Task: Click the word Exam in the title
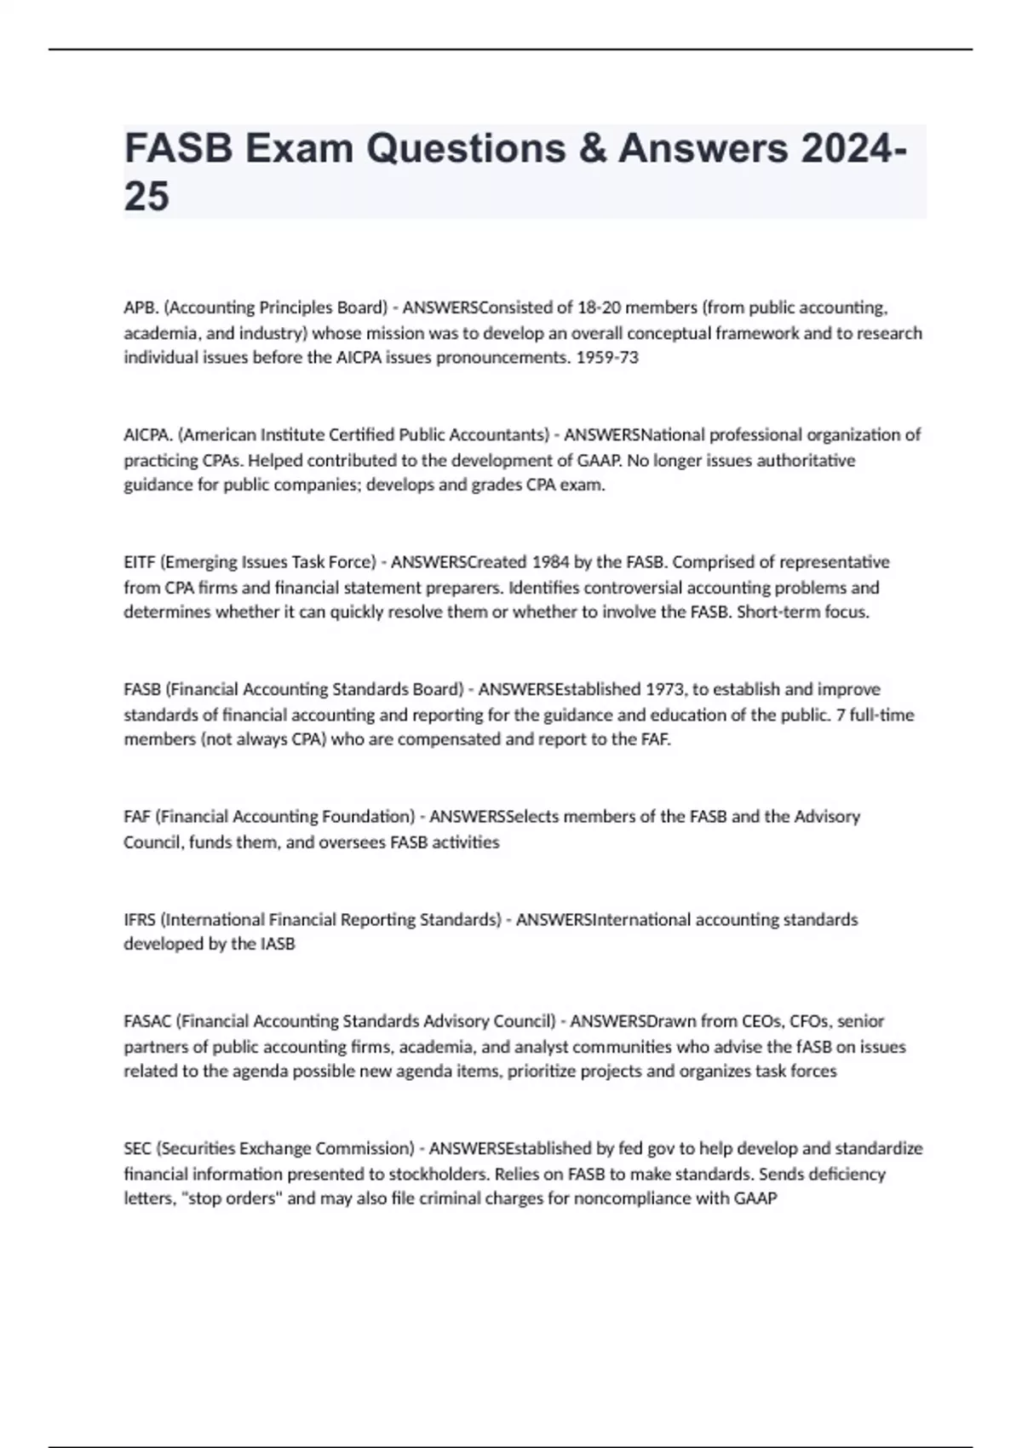click(299, 148)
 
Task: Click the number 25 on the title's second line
click(146, 197)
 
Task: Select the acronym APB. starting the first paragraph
click(141, 307)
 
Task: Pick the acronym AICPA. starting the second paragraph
click(148, 435)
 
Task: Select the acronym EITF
click(140, 562)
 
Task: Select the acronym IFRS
click(140, 920)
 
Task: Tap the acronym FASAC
click(147, 1021)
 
